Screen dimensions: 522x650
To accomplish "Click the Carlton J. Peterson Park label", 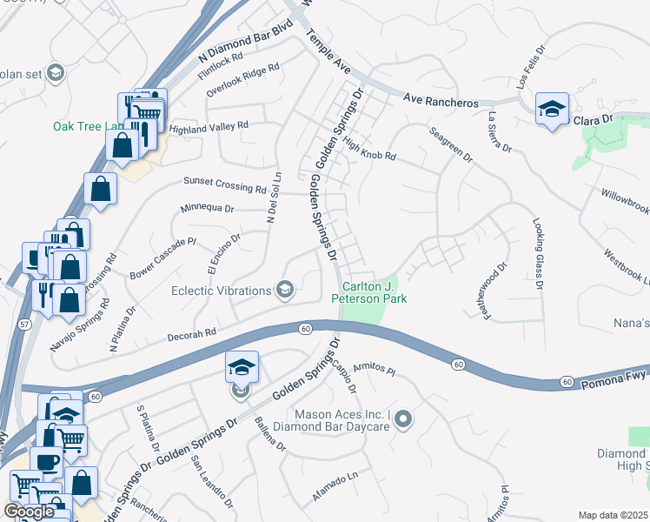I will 375,292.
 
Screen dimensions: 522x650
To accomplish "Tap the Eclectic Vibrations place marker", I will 284,291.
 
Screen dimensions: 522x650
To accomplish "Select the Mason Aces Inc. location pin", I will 402,421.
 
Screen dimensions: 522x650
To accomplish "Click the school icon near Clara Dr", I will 551,110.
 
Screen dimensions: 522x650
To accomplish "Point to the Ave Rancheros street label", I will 441,102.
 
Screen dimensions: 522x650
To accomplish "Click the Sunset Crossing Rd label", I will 224,184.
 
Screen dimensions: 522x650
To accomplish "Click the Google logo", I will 29,512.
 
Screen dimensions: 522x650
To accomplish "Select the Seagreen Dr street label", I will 450,145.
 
